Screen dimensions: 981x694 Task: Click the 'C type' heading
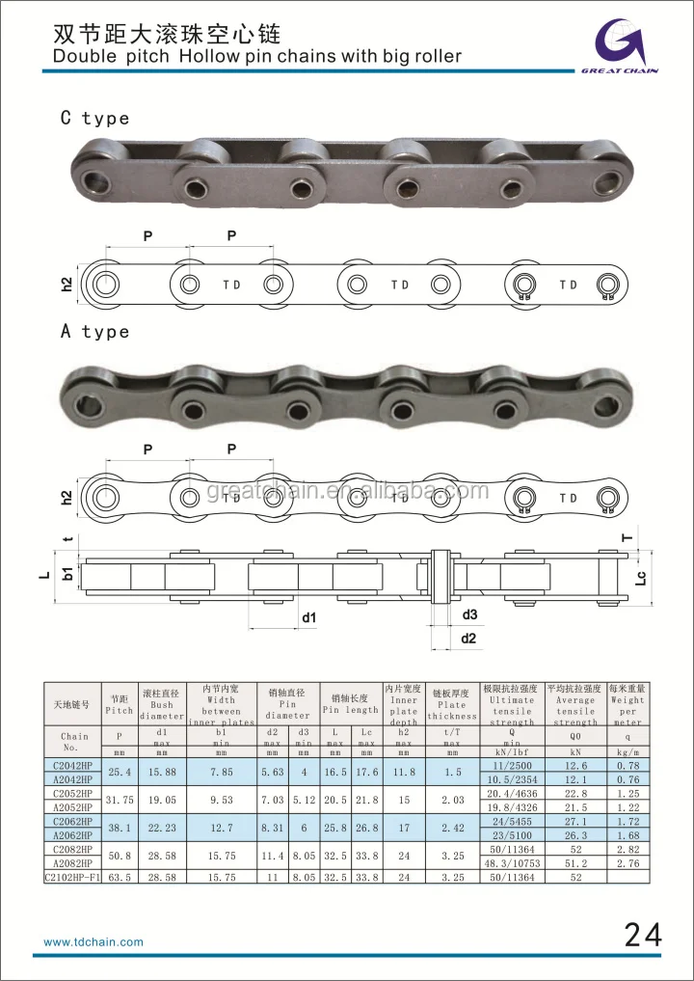(x=94, y=119)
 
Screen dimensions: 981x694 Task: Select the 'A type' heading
(x=94, y=332)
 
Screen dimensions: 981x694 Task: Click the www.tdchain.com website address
(x=93, y=941)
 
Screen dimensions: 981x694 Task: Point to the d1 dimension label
(x=308, y=617)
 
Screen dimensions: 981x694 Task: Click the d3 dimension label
(x=469, y=614)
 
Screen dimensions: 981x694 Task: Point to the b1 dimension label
(x=67, y=573)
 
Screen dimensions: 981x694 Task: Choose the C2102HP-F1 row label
(x=73, y=879)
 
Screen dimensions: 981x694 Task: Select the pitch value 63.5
(x=120, y=879)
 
